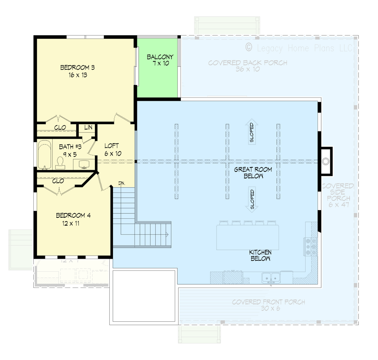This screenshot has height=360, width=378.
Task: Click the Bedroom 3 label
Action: pyautogui.click(x=77, y=72)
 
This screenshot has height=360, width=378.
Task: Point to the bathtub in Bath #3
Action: pyautogui.click(x=44, y=155)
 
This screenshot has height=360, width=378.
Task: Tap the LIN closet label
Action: pyautogui.click(x=88, y=128)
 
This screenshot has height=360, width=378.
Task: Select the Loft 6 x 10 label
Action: pyautogui.click(x=112, y=149)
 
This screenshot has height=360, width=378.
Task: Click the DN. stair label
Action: pyautogui.click(x=121, y=183)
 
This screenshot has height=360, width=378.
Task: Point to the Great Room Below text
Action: pyautogui.click(x=248, y=173)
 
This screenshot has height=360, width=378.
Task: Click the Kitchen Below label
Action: pyautogui.click(x=260, y=256)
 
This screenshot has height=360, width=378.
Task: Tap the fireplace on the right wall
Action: pyautogui.click(x=326, y=160)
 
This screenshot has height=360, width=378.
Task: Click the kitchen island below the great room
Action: pyautogui.click(x=247, y=237)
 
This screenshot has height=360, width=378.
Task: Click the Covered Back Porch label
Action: pyautogui.click(x=247, y=66)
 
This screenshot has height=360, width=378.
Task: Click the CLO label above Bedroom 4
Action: pyautogui.click(x=58, y=181)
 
